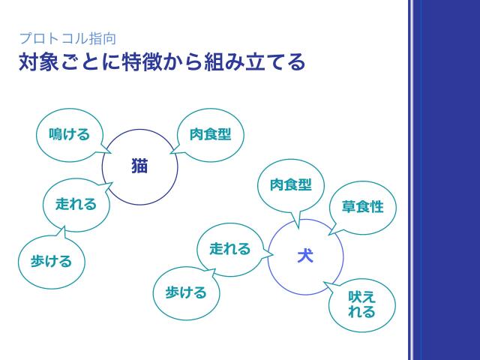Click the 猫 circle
pyautogui.click(x=140, y=166)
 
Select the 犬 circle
pyautogui.click(x=305, y=256)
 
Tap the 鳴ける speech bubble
pyautogui.click(x=69, y=134)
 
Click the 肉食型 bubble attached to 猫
pyautogui.click(x=210, y=134)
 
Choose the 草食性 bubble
pyautogui.click(x=363, y=206)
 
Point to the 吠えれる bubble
pyautogui.click(x=362, y=304)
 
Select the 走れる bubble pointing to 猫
pyautogui.click(x=76, y=204)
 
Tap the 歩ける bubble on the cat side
pyautogui.click(x=51, y=261)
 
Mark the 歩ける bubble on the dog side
pyautogui.click(x=186, y=292)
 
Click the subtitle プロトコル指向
pyautogui.click(x=67, y=37)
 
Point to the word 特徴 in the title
pyautogui.click(x=133, y=62)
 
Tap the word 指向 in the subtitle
pyautogui.click(x=105, y=37)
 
